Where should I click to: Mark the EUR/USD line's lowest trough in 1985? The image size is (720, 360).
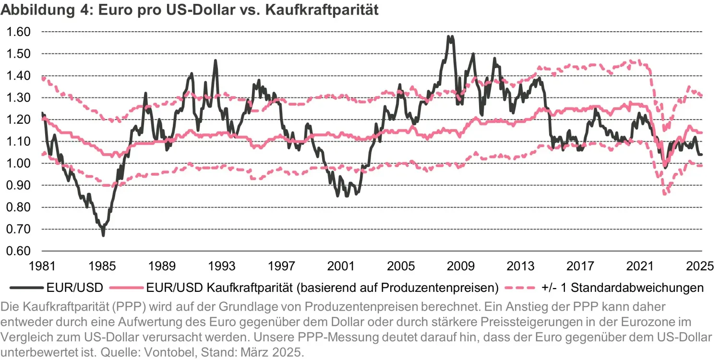(x=103, y=235)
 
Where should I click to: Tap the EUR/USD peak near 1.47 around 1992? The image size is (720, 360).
(x=216, y=60)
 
